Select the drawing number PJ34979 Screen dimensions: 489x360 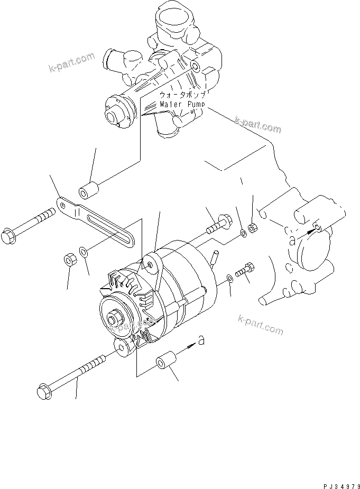point(336,484)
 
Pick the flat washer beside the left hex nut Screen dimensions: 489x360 point(84,251)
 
